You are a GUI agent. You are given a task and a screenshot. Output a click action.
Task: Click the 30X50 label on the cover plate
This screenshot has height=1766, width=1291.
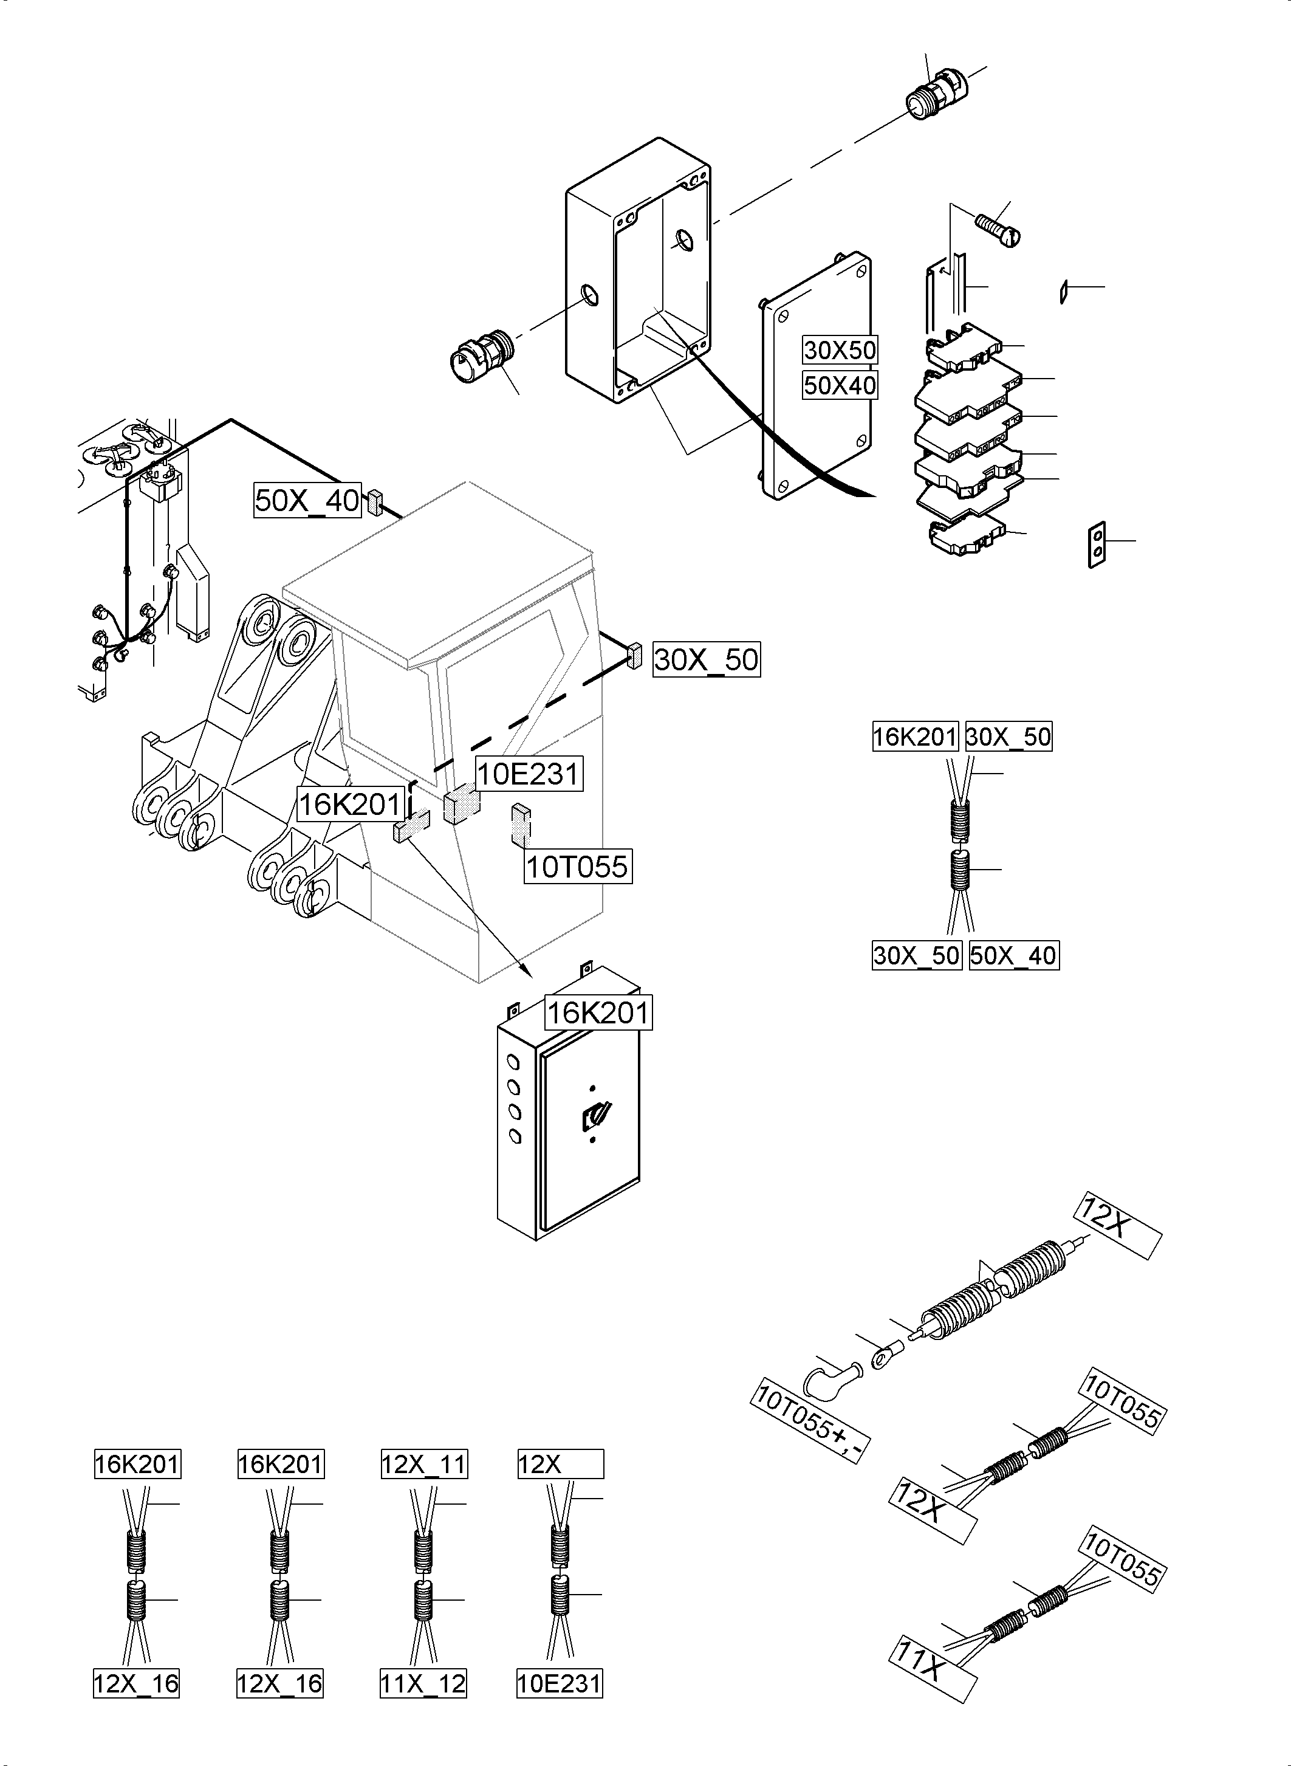coord(840,349)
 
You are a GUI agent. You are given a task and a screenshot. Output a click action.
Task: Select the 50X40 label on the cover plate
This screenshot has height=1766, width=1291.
coord(840,385)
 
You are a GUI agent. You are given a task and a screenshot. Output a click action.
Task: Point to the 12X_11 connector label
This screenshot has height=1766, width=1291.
coord(423,1463)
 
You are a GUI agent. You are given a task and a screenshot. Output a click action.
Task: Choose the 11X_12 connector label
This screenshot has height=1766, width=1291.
coord(423,1683)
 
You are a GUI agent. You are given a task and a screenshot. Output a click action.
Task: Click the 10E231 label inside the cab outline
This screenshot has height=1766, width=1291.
coord(529,774)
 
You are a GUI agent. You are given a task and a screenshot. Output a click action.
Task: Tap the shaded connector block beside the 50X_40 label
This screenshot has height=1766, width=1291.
coord(374,502)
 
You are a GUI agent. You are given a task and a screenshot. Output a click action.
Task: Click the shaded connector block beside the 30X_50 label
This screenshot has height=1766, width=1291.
coord(634,655)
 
